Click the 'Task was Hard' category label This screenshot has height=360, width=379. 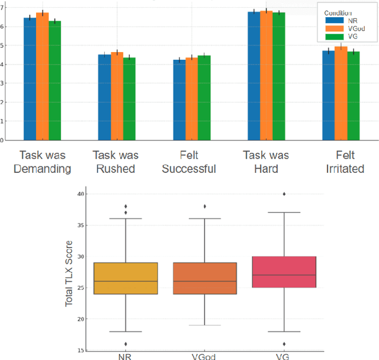[x=266, y=162]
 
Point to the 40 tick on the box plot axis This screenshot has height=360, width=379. [x=81, y=194]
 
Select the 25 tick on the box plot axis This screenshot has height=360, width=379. [x=81, y=288]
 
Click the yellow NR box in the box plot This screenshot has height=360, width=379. [x=125, y=278]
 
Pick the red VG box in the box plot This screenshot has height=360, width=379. [x=284, y=272]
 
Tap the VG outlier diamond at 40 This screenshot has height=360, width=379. [x=284, y=194]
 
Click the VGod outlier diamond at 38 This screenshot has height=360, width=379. [x=204, y=207]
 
